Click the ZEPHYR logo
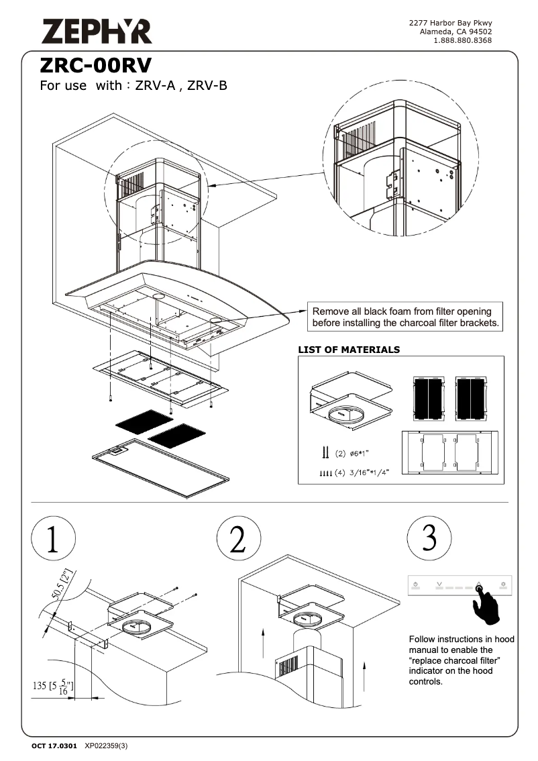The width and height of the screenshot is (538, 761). [97, 31]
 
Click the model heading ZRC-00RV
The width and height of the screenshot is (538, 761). [95, 66]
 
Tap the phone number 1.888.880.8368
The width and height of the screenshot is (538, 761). [463, 40]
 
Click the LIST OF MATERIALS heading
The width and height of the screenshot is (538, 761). [349, 350]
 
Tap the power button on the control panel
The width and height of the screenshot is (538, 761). [417, 585]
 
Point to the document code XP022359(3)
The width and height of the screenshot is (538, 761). [106, 746]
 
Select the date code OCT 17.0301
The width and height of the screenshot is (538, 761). [54, 746]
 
